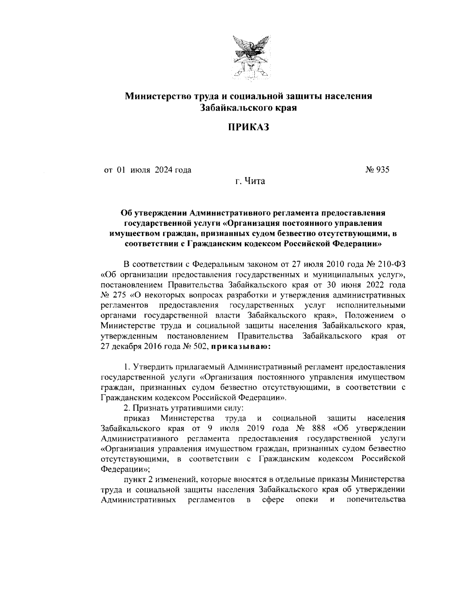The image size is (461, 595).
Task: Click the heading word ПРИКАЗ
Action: coord(247,127)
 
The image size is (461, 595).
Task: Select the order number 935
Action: coord(382,169)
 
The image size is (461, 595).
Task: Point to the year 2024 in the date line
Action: coord(164,169)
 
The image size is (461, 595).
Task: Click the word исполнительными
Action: coord(371,305)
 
